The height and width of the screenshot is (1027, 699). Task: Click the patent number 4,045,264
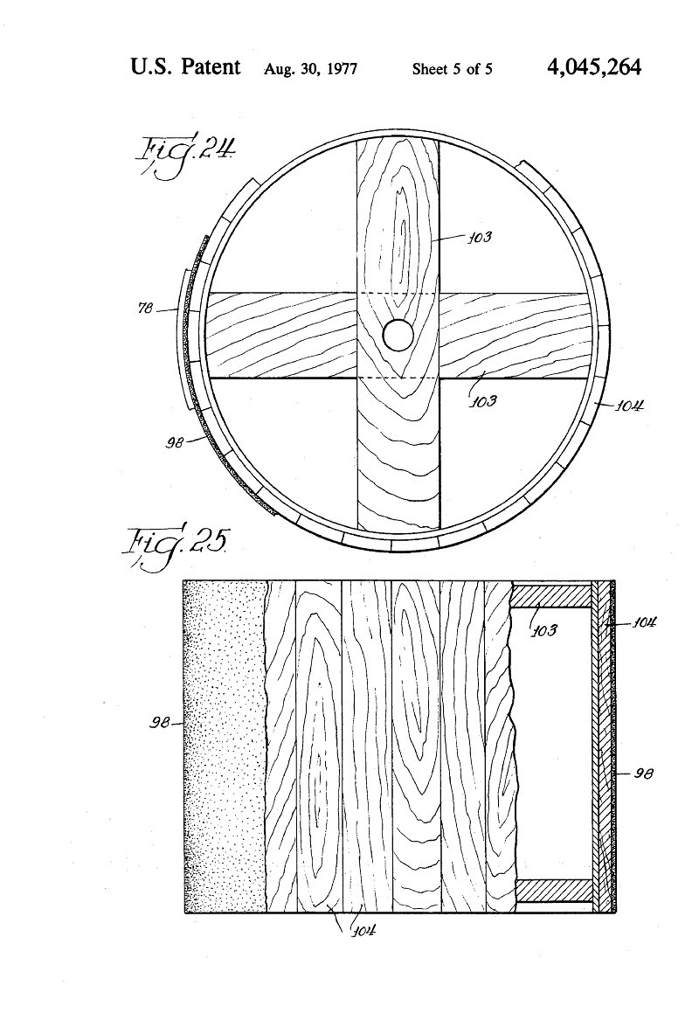(x=593, y=67)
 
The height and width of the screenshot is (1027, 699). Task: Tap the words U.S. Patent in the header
(x=185, y=66)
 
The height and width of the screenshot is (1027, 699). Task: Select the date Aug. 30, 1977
(x=310, y=69)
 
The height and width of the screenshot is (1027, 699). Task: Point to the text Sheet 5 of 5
(x=453, y=69)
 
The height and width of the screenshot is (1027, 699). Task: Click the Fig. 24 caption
(x=183, y=156)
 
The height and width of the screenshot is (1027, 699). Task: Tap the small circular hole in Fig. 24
(x=398, y=336)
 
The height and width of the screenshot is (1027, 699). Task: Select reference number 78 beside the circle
(x=145, y=308)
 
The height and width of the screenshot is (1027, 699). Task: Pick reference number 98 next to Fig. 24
(x=174, y=443)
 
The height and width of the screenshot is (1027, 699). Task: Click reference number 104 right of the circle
(x=630, y=406)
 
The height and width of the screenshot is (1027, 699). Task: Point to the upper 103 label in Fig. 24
(x=479, y=237)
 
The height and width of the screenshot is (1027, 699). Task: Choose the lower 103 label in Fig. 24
(x=483, y=401)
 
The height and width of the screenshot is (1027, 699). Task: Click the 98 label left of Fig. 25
(x=159, y=723)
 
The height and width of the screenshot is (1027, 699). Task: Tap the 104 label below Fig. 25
(x=363, y=930)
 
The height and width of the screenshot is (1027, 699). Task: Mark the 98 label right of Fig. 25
(x=644, y=774)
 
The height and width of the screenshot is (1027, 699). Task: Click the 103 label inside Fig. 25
(x=543, y=630)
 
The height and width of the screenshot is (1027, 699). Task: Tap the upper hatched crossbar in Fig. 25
(x=551, y=595)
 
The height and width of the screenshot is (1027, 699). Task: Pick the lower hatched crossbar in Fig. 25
(x=554, y=890)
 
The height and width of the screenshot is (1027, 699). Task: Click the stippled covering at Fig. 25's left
(x=225, y=746)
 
